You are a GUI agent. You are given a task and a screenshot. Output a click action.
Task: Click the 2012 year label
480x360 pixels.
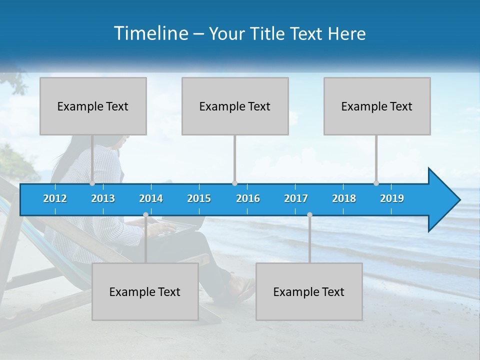coord(55,198)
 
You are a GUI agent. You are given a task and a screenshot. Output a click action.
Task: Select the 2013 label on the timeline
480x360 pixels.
coord(103,198)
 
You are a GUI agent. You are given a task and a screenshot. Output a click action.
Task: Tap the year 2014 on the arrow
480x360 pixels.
coord(151,198)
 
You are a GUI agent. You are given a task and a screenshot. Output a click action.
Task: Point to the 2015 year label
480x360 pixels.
coord(199,198)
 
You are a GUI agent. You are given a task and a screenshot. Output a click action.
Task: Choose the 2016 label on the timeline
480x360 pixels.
coord(248,198)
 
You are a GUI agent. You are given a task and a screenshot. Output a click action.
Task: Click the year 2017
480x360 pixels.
coord(296,198)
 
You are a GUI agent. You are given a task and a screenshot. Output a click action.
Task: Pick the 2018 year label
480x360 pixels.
coord(344,198)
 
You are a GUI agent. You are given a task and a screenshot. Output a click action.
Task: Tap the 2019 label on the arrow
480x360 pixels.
coord(392,198)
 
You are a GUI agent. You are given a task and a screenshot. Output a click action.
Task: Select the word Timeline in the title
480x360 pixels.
coord(150,33)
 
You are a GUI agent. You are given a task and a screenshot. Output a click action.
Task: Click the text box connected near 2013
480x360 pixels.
coord(93,106)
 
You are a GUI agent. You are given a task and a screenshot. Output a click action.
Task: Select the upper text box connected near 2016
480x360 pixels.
coord(235,106)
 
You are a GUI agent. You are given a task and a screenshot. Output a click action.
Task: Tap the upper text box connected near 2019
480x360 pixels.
coord(377,106)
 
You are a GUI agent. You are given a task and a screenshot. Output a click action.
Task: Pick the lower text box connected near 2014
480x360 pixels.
coord(145,291)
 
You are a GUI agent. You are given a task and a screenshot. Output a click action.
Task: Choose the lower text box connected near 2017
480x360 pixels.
coord(309,291)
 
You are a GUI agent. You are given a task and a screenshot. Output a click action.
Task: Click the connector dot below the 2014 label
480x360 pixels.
coord(145,215)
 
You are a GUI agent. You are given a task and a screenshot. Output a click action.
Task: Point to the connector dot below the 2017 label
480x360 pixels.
coord(309,215)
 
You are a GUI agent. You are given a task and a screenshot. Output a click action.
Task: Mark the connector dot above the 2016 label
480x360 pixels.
coord(234,183)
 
